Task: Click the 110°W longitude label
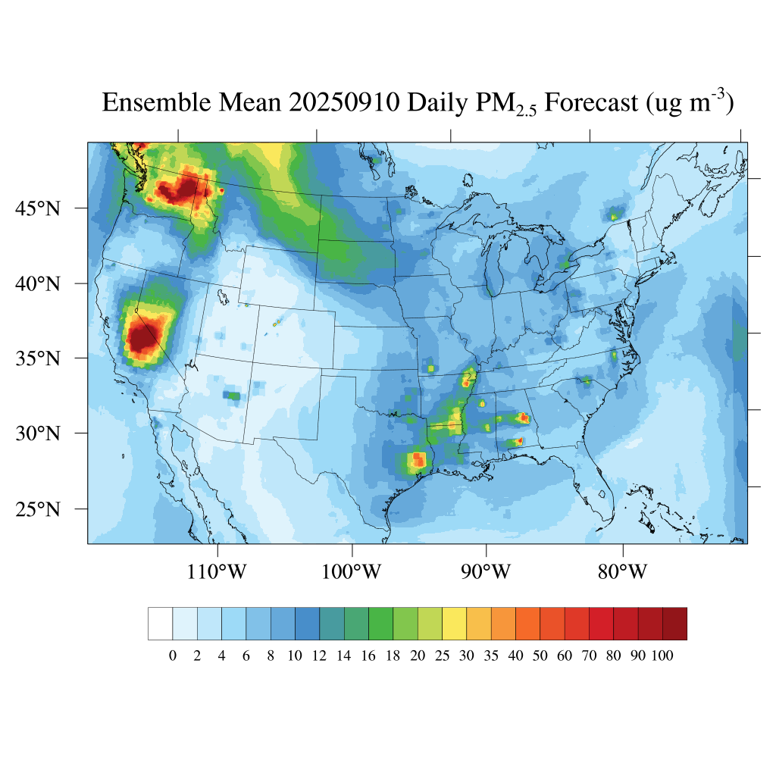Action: click(217, 571)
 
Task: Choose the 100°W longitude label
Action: click(352, 571)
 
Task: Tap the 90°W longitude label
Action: click(486, 571)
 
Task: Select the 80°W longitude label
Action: click(622, 571)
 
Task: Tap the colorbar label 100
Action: click(662, 656)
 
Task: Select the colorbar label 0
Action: click(172, 656)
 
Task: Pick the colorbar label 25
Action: click(442, 656)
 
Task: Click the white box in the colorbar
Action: click(160, 624)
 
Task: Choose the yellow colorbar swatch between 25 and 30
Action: click(454, 624)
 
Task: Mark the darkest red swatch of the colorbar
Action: click(674, 624)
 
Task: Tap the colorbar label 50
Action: click(540, 656)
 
